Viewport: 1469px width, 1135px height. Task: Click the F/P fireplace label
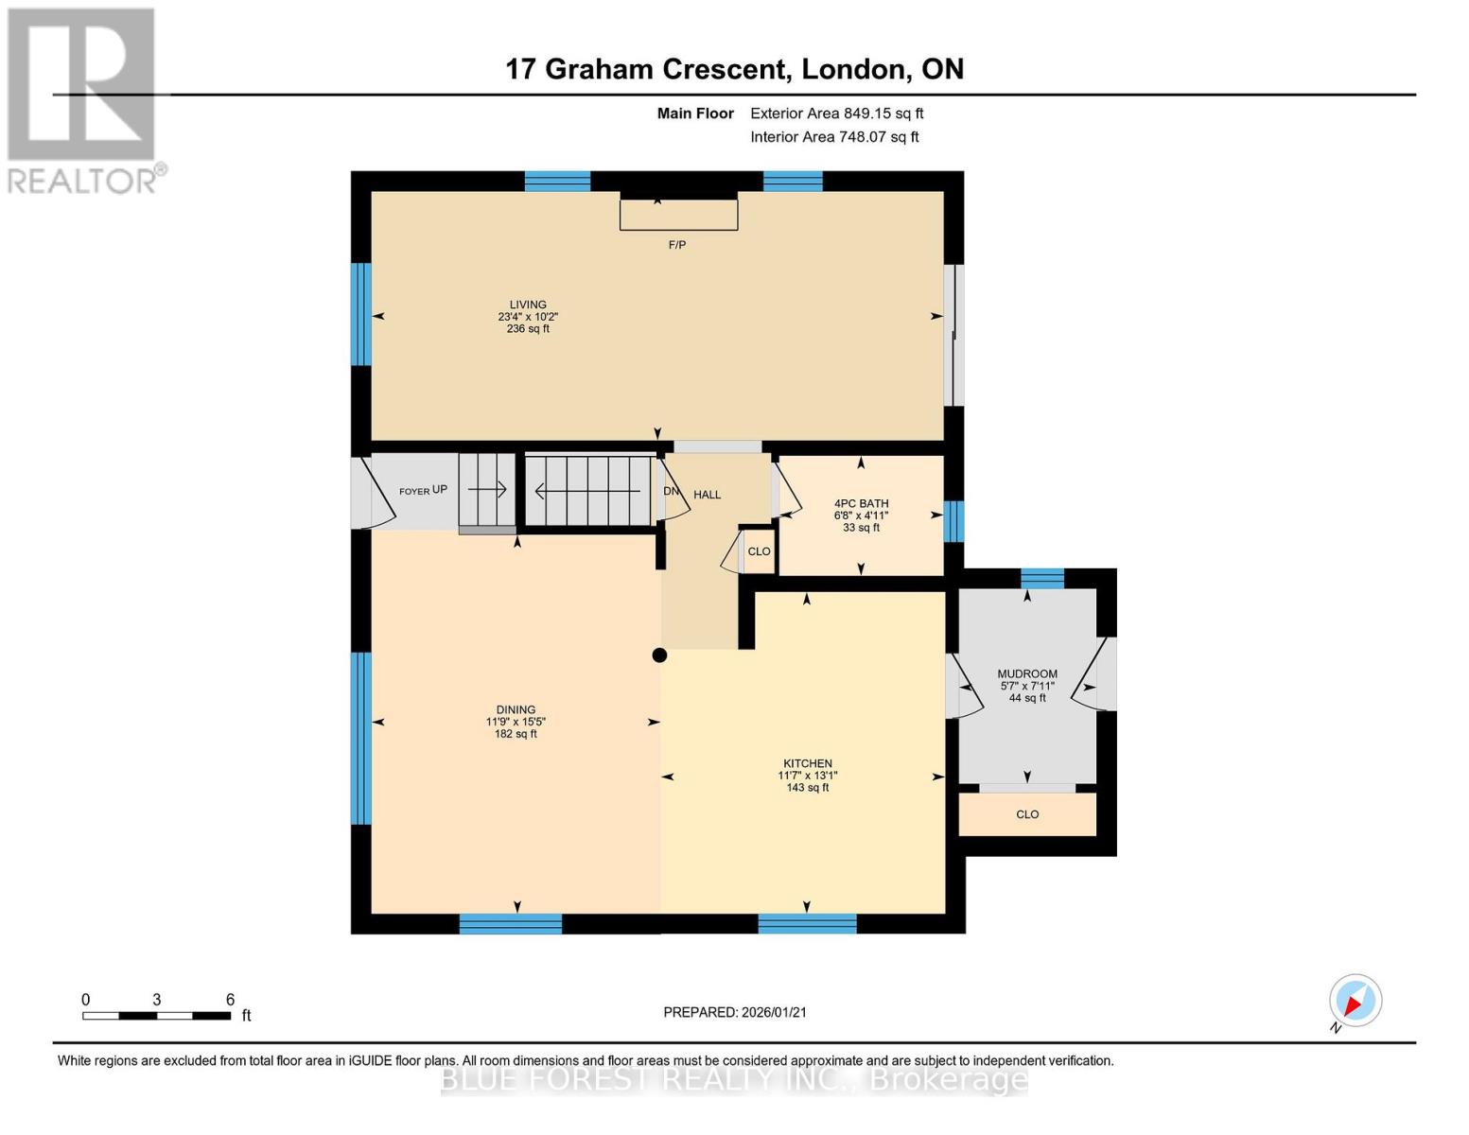click(x=676, y=245)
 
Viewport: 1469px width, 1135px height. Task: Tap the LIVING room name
click(x=528, y=305)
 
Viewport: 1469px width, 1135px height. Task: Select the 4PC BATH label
click(x=861, y=503)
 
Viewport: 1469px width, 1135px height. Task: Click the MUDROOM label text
click(x=1027, y=674)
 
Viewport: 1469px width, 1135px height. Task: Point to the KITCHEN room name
click(x=807, y=764)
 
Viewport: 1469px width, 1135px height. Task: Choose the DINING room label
click(x=516, y=709)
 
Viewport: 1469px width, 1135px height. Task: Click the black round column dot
click(x=659, y=655)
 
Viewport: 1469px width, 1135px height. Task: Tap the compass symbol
click(x=1355, y=1000)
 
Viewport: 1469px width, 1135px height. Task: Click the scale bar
click(x=156, y=1016)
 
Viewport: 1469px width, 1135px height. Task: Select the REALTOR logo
click(x=84, y=101)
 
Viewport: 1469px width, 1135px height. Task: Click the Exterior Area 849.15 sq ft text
click(x=836, y=113)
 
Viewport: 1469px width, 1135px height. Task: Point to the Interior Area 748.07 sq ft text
click(x=834, y=137)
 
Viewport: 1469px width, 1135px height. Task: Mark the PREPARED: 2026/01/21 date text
click(x=735, y=1013)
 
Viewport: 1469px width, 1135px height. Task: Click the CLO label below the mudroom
click(x=1027, y=814)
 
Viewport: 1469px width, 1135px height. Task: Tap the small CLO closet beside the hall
click(x=759, y=551)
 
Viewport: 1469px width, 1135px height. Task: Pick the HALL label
click(x=708, y=495)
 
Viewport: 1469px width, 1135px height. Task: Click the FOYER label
click(x=414, y=492)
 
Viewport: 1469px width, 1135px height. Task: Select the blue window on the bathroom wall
click(x=953, y=521)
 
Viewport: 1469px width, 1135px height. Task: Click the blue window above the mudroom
click(x=1041, y=579)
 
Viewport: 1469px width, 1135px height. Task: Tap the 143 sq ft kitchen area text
click(x=807, y=788)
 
